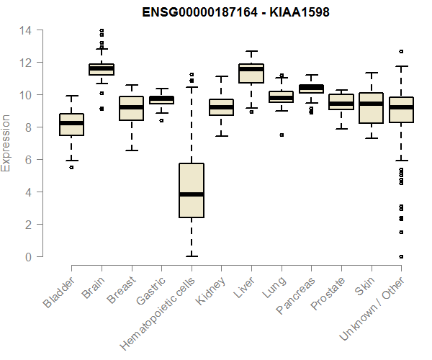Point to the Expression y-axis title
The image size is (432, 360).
[6, 143]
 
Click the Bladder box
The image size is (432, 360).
[71, 124]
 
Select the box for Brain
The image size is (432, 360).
[102, 69]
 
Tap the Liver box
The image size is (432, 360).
[251, 73]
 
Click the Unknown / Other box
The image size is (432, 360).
[401, 109]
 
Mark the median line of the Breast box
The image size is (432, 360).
[131, 107]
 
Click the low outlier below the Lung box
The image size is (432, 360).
[282, 135]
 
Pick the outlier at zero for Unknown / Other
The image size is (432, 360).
[401, 256]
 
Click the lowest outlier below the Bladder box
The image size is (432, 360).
[71, 167]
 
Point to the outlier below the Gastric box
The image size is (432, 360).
[161, 120]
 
